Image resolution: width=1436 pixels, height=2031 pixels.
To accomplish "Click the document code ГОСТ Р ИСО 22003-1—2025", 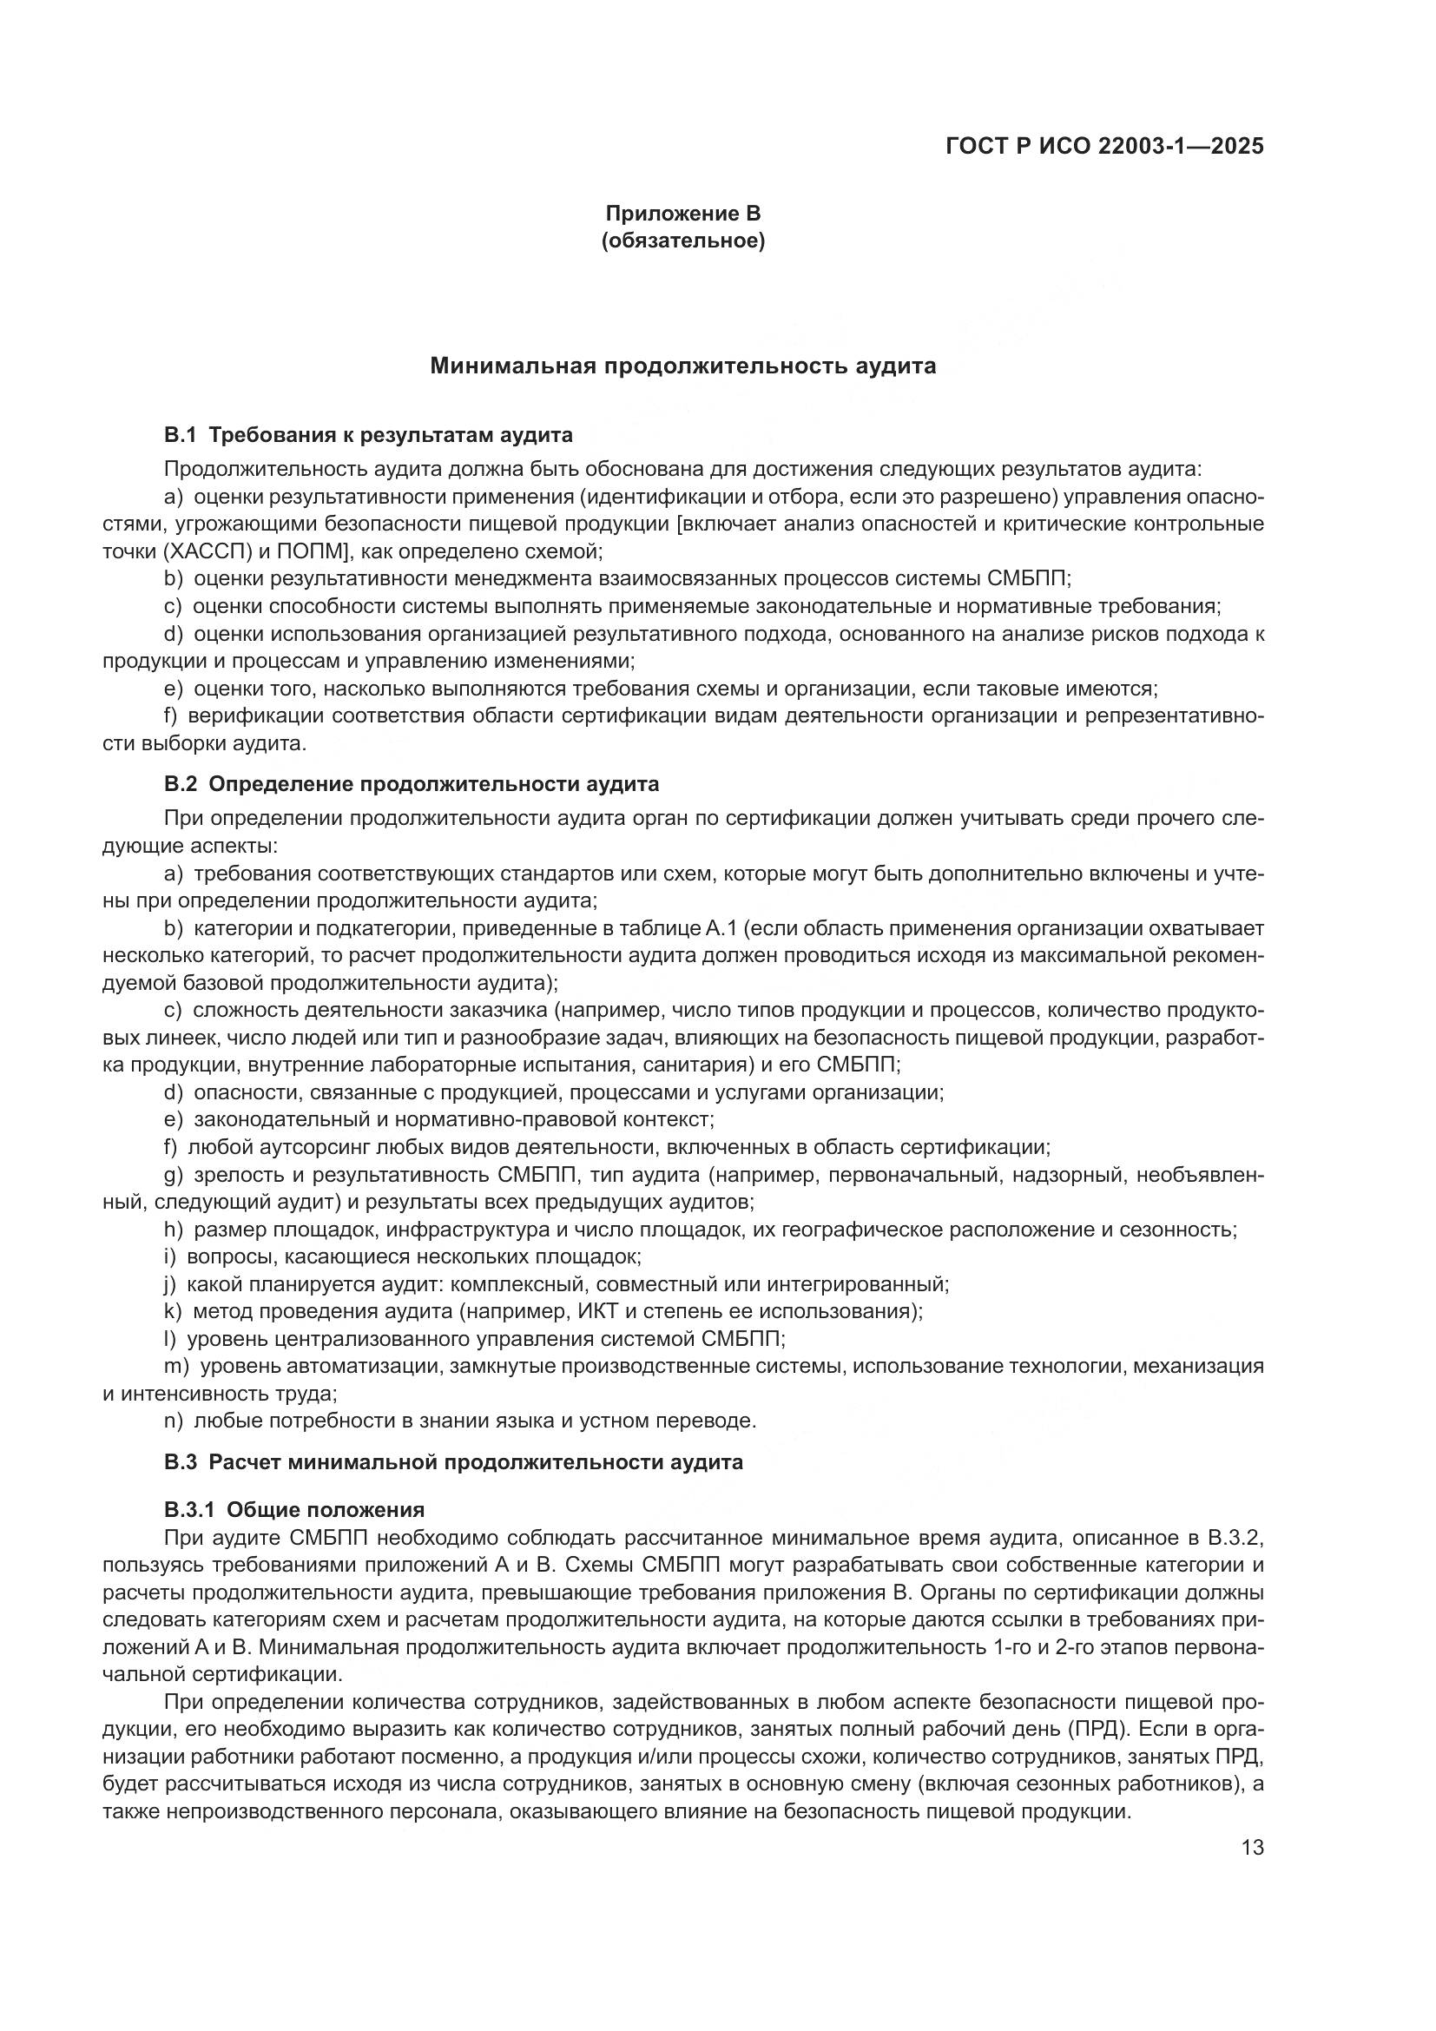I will [x=1104, y=146].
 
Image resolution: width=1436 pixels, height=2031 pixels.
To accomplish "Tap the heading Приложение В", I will [x=682, y=214].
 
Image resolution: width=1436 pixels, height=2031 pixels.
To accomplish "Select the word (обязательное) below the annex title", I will [x=682, y=241].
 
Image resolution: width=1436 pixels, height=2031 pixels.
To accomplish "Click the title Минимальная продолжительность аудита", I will [x=682, y=366].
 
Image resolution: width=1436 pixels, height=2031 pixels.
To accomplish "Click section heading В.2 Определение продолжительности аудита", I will [x=412, y=784].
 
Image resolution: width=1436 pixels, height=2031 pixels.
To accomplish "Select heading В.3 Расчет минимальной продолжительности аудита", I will [x=452, y=1462].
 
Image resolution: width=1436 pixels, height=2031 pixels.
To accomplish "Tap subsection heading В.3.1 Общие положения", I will [x=294, y=1509].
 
